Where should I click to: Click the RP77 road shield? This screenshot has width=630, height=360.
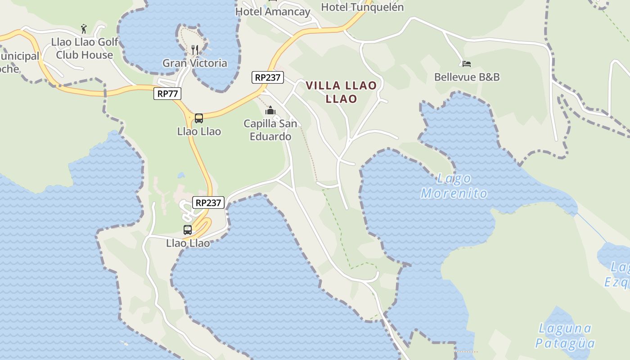[x=167, y=94]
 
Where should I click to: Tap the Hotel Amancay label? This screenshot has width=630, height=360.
[x=273, y=12]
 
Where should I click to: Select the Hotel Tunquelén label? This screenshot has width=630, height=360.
[x=362, y=7]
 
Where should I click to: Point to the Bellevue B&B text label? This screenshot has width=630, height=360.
[x=467, y=77]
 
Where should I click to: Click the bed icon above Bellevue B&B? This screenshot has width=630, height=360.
[x=467, y=64]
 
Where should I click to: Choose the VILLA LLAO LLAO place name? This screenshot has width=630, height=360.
[x=341, y=92]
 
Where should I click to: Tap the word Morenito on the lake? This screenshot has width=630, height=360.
[x=454, y=193]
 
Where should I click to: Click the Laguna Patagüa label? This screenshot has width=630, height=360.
[x=565, y=336]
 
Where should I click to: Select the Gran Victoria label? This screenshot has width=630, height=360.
[x=195, y=63]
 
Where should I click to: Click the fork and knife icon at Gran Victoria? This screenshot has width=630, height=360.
[x=195, y=49]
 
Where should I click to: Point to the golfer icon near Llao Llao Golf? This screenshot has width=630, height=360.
[x=84, y=29]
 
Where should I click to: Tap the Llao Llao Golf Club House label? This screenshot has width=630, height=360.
[x=85, y=48]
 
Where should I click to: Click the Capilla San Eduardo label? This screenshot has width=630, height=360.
[x=270, y=130]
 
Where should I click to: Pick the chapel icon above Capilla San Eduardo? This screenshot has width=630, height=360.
[x=270, y=110]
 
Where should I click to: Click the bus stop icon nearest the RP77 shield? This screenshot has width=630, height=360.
[x=199, y=118]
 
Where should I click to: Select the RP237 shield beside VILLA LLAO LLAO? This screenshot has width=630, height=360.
[x=267, y=77]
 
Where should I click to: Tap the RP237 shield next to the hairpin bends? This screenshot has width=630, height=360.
[x=208, y=202]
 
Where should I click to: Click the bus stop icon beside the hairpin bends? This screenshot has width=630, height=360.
[x=188, y=230]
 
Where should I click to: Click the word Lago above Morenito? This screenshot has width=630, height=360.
[x=454, y=179]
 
